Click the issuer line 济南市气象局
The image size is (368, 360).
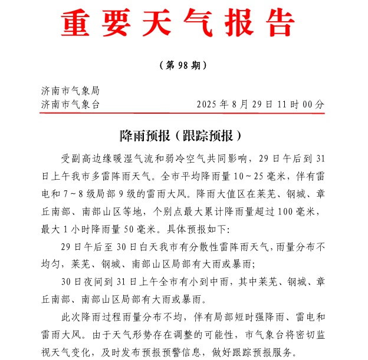tap(70, 91)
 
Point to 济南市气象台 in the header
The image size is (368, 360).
tap(70, 104)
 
